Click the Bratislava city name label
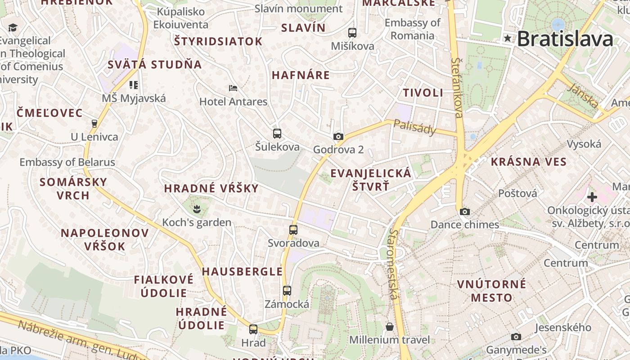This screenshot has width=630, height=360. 565,39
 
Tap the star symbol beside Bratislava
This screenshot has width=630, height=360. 508,39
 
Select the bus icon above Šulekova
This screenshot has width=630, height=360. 277,133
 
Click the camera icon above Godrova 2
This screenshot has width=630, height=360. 338,136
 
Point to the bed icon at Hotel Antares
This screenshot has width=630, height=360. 233,88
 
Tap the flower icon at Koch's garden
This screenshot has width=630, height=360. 196,208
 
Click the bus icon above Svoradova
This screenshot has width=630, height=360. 293,229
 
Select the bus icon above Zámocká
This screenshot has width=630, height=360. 287,290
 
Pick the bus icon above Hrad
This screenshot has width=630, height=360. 253,329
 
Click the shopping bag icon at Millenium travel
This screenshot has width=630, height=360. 390,326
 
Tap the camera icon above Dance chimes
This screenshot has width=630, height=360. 465,211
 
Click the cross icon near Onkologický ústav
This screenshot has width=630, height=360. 592,197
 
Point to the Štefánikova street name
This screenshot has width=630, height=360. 458,87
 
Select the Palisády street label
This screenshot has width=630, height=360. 414,127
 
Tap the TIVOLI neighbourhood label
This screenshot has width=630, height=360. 423,93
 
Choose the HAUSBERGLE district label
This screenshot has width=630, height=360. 242,271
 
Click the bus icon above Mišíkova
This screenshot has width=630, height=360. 352,33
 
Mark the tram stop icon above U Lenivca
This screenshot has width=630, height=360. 94,123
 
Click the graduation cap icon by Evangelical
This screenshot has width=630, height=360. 13,28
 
